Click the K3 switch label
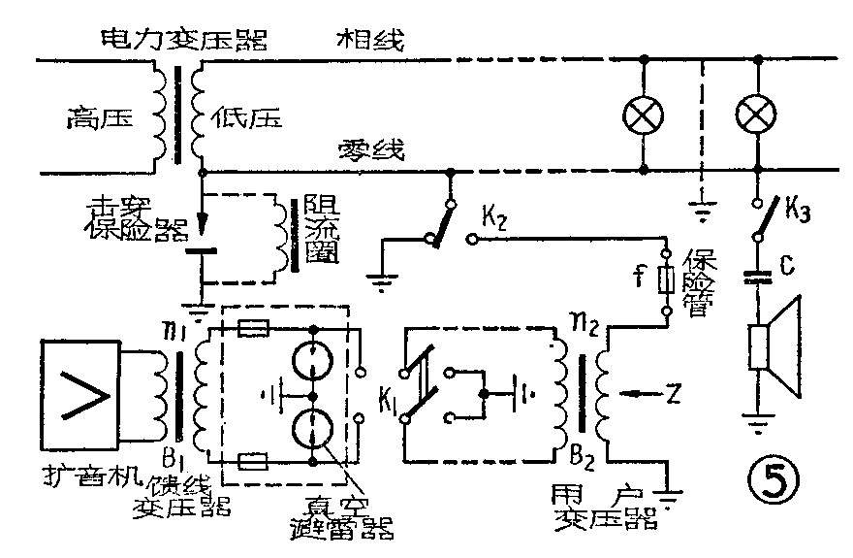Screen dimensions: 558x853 pyautogui.click(x=798, y=208)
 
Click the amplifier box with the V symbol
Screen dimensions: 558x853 pyautogui.click(x=80, y=395)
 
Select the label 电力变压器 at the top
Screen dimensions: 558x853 pyautogui.click(x=184, y=40)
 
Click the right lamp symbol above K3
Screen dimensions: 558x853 pyautogui.click(x=757, y=116)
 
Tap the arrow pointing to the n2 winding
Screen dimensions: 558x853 pyautogui.click(x=637, y=394)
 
